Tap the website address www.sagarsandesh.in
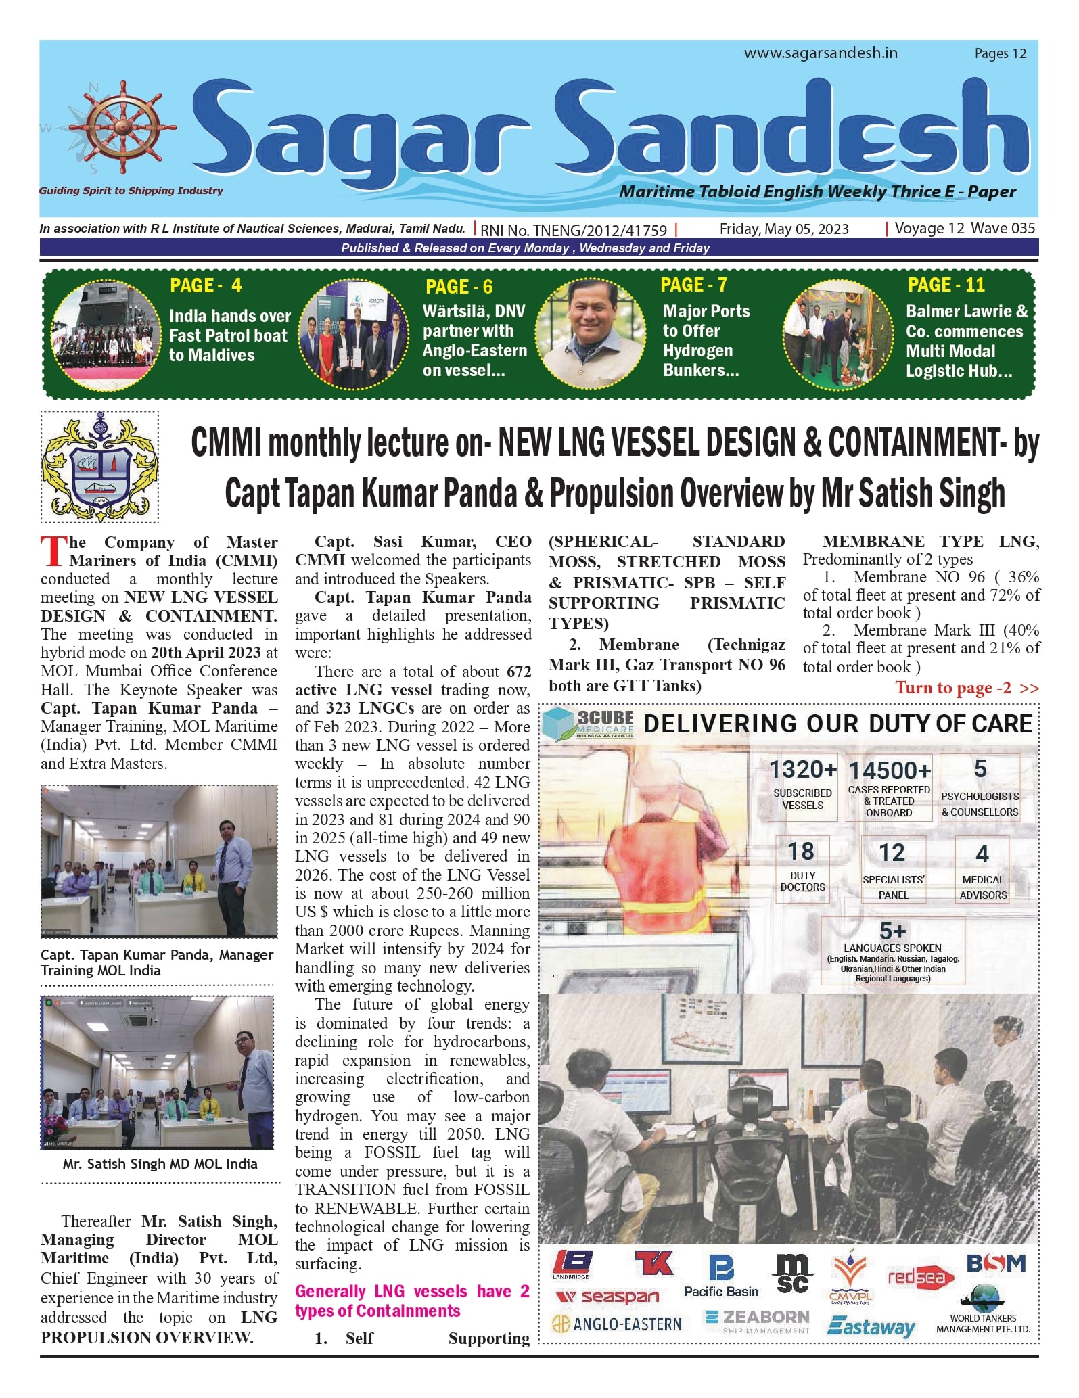pos(821,53)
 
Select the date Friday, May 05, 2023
pos(783,229)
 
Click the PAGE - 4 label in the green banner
pos(206,285)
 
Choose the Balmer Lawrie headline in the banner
pos(965,341)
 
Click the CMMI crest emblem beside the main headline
pos(100,467)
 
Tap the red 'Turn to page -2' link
pos(966,688)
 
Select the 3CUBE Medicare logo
pos(589,724)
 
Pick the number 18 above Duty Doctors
pos(802,851)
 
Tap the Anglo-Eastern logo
pos(617,1324)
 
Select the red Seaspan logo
pos(607,1296)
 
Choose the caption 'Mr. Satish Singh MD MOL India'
pos(160,1164)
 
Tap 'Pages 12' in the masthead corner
pos(1000,53)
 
